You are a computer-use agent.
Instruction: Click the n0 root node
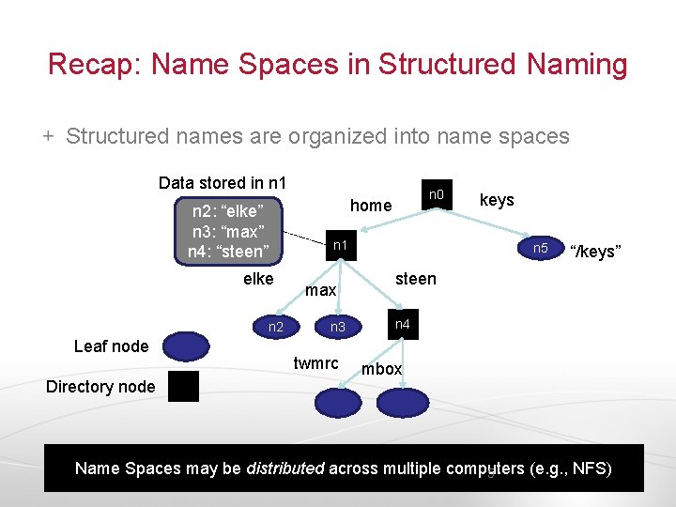(436, 196)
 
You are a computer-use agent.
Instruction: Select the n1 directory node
(342, 245)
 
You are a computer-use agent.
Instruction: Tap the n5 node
(540, 249)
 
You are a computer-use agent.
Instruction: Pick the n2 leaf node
(275, 327)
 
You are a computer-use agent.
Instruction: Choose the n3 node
(338, 327)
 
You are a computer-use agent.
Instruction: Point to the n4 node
(402, 325)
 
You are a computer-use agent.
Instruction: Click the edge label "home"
(371, 206)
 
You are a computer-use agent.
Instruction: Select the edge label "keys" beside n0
(497, 200)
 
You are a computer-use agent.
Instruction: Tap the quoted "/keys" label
(595, 252)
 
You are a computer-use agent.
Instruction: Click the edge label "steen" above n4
(415, 279)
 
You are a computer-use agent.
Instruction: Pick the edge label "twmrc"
(316, 363)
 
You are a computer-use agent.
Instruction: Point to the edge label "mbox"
(382, 369)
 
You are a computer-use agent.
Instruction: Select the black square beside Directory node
(183, 386)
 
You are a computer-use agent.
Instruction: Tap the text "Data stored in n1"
(223, 182)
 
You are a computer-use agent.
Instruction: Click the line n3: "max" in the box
(228, 231)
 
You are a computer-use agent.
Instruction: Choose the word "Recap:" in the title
(94, 65)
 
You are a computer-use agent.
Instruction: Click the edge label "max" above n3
(321, 291)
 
